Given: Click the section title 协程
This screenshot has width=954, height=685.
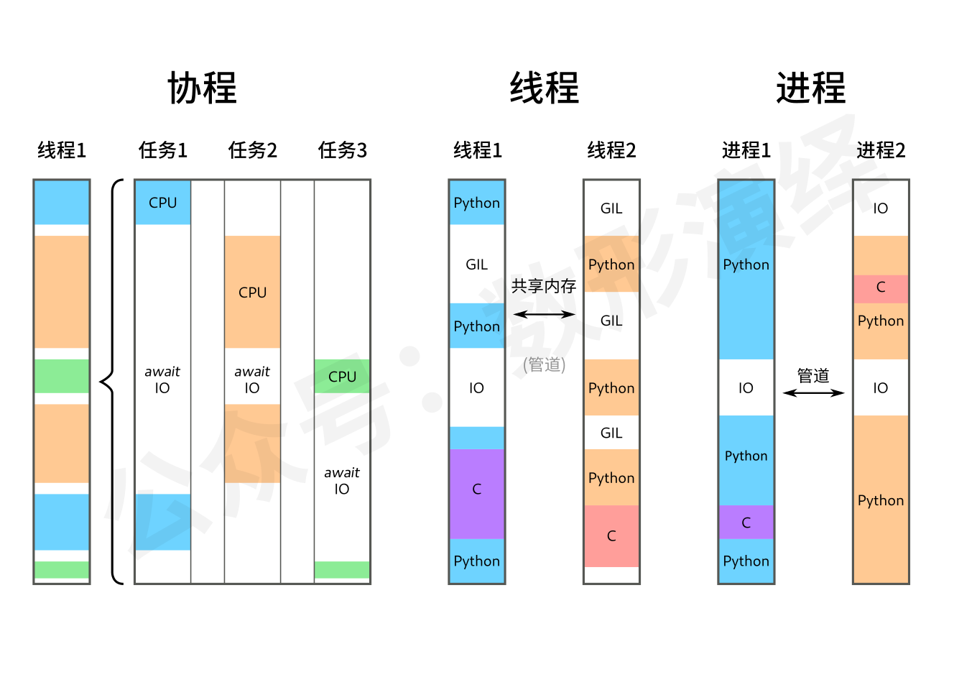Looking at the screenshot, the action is pyautogui.click(x=202, y=88).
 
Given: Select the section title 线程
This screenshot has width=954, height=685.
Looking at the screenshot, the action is pyautogui.click(x=544, y=88).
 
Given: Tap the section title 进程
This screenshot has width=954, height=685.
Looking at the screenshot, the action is pyautogui.click(x=810, y=88).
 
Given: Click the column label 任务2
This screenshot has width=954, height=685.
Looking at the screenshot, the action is pyautogui.click(x=252, y=150).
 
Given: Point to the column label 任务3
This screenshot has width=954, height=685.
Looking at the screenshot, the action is pyautogui.click(x=342, y=150).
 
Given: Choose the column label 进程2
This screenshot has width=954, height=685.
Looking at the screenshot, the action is pyautogui.click(x=881, y=150).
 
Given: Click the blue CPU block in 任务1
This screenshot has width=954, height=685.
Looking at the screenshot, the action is pyautogui.click(x=162, y=203).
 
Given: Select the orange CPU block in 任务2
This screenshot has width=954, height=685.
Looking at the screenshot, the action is pyautogui.click(x=252, y=292).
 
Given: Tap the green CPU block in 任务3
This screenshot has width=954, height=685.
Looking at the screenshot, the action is pyautogui.click(x=342, y=376).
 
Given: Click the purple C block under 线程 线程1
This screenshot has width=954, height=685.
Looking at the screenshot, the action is pyautogui.click(x=476, y=493).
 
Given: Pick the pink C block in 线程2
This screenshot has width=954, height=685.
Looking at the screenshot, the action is pyautogui.click(x=611, y=535).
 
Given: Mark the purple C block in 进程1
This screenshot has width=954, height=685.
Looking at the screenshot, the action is pyautogui.click(x=746, y=523).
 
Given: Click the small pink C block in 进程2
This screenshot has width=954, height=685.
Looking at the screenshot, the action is pyautogui.click(x=881, y=288).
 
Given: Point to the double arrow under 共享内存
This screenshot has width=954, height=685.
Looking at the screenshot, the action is pyautogui.click(x=544, y=314).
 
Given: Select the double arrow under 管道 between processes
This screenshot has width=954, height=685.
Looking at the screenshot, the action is pyautogui.click(x=813, y=392).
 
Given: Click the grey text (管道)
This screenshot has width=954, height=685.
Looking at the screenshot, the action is pyautogui.click(x=544, y=365).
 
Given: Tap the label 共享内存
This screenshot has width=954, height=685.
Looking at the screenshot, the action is pyautogui.click(x=544, y=286).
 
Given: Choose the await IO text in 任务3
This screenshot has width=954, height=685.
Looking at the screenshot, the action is pyautogui.click(x=342, y=480).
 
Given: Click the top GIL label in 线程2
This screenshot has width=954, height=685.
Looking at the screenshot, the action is pyautogui.click(x=611, y=208).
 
